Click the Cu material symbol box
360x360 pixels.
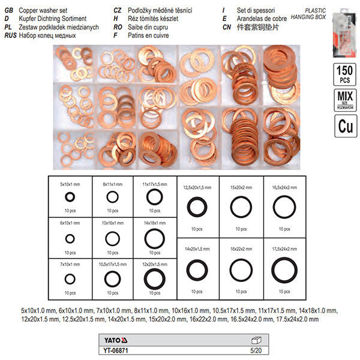[x=343, y=127]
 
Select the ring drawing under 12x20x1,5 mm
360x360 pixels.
[x=154, y=278]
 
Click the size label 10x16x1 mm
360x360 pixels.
[x=112, y=223]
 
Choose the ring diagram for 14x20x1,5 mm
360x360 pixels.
[x=197, y=269]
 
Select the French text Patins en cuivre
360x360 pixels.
[x=148, y=35]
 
